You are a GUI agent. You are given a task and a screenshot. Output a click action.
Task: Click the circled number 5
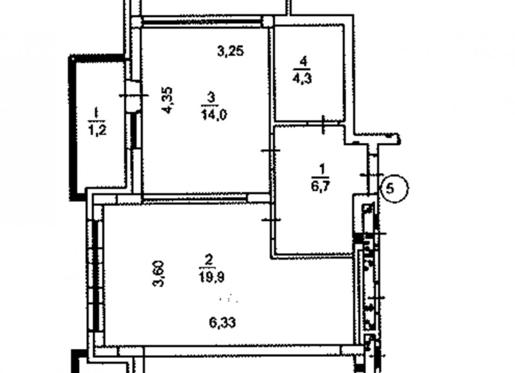click(394, 188)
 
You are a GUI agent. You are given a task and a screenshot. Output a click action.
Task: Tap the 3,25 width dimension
click(231, 51)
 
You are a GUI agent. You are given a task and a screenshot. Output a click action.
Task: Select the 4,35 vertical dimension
click(167, 100)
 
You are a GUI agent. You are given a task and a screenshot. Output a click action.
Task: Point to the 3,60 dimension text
click(159, 274)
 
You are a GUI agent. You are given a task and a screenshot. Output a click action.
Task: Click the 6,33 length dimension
click(222, 323)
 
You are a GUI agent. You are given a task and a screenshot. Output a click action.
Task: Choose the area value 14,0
click(214, 115)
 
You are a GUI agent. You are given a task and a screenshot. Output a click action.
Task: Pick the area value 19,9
click(211, 277)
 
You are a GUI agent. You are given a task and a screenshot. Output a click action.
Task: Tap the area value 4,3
click(302, 79)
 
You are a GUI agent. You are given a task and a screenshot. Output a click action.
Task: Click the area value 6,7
click(321, 186)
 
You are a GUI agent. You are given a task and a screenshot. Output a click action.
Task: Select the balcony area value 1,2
click(97, 130)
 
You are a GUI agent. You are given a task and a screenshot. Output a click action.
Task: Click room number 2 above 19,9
click(209, 261)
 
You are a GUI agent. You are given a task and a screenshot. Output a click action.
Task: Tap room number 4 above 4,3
click(303, 62)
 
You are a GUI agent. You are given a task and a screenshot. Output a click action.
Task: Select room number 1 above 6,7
click(322, 170)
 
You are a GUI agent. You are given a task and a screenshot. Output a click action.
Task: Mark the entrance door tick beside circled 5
click(372, 175)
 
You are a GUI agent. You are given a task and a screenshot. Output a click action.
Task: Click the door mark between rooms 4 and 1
click(323, 124)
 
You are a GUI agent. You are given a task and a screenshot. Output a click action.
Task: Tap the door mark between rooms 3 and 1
click(271, 150)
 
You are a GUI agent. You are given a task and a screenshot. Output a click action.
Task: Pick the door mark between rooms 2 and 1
click(271, 220)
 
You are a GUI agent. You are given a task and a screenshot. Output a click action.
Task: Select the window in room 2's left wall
click(96, 276)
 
